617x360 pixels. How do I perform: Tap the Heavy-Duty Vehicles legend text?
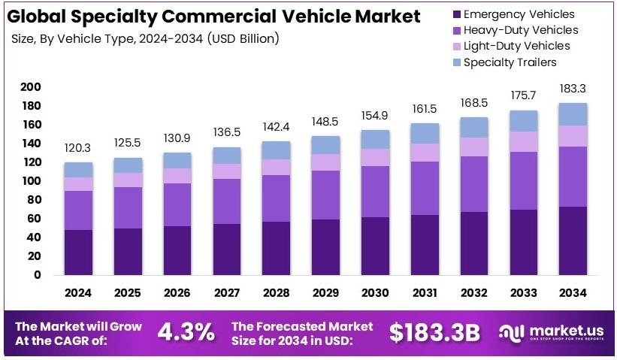coord(521,30)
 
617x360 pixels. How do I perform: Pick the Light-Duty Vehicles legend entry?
coord(516,46)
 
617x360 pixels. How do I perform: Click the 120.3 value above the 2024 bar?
coord(78,149)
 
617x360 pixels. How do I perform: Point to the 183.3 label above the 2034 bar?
coord(573,89)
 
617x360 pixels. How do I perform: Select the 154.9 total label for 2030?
coord(375,115)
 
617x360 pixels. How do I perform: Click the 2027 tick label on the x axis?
coord(226,292)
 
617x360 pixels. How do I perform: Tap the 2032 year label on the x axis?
coord(473,292)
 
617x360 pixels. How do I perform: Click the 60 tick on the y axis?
coord(32,219)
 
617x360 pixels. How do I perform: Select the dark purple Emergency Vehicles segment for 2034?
coord(573,241)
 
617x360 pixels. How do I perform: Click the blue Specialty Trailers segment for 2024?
coord(78,170)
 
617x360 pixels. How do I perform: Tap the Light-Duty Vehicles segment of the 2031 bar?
coord(425,153)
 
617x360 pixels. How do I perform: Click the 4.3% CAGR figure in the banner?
coord(186,331)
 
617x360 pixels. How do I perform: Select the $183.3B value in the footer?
coord(434,331)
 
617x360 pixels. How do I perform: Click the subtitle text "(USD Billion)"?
coord(244,38)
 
